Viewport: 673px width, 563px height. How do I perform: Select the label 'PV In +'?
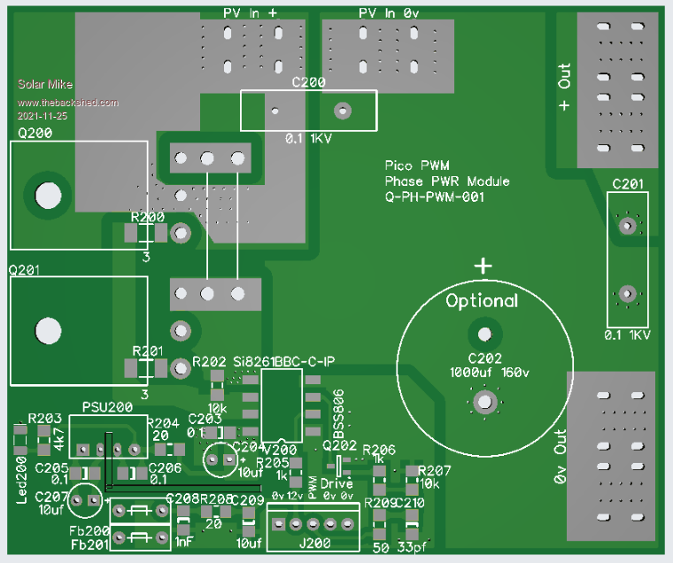point(249,14)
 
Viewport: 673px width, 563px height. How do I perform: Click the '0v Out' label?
point(560,456)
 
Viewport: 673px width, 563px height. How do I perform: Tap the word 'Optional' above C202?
point(482,301)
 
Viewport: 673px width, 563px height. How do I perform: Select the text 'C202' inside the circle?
point(483,359)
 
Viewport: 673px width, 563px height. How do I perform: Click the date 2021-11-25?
point(42,116)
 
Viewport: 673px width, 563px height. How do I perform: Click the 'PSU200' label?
point(106,407)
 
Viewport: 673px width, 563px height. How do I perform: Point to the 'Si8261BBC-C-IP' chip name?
point(280,362)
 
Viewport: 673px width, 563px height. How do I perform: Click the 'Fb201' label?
point(89,544)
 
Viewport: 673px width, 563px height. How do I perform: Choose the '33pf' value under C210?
point(409,548)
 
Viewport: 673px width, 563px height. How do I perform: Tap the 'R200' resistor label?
point(147,217)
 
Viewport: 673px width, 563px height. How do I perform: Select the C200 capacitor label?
point(308,82)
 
